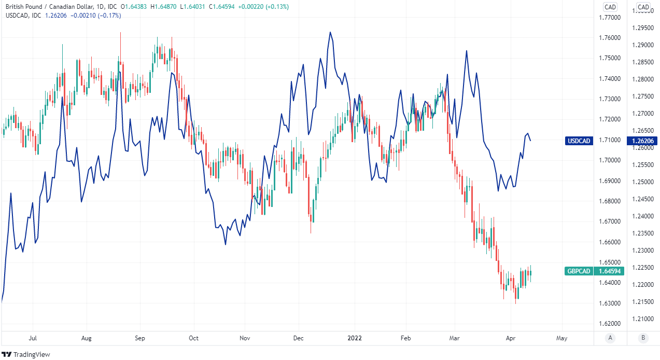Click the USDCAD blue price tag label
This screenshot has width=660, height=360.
(x=579, y=141)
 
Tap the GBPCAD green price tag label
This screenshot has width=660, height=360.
(x=579, y=271)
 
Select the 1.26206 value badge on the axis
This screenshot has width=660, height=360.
(x=641, y=141)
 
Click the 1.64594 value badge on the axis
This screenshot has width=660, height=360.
(x=610, y=271)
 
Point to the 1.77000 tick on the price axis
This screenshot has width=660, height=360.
(x=610, y=18)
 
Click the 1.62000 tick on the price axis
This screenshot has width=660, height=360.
(x=610, y=324)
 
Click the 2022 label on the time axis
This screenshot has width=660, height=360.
(x=354, y=338)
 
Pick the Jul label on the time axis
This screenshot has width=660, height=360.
(x=32, y=338)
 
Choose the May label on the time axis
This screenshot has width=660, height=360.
(x=561, y=338)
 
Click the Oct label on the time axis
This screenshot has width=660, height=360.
(x=193, y=338)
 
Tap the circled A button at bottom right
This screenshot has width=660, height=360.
(x=610, y=338)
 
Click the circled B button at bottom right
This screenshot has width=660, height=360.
(x=643, y=338)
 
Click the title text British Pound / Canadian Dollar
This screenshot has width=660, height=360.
(x=51, y=7)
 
